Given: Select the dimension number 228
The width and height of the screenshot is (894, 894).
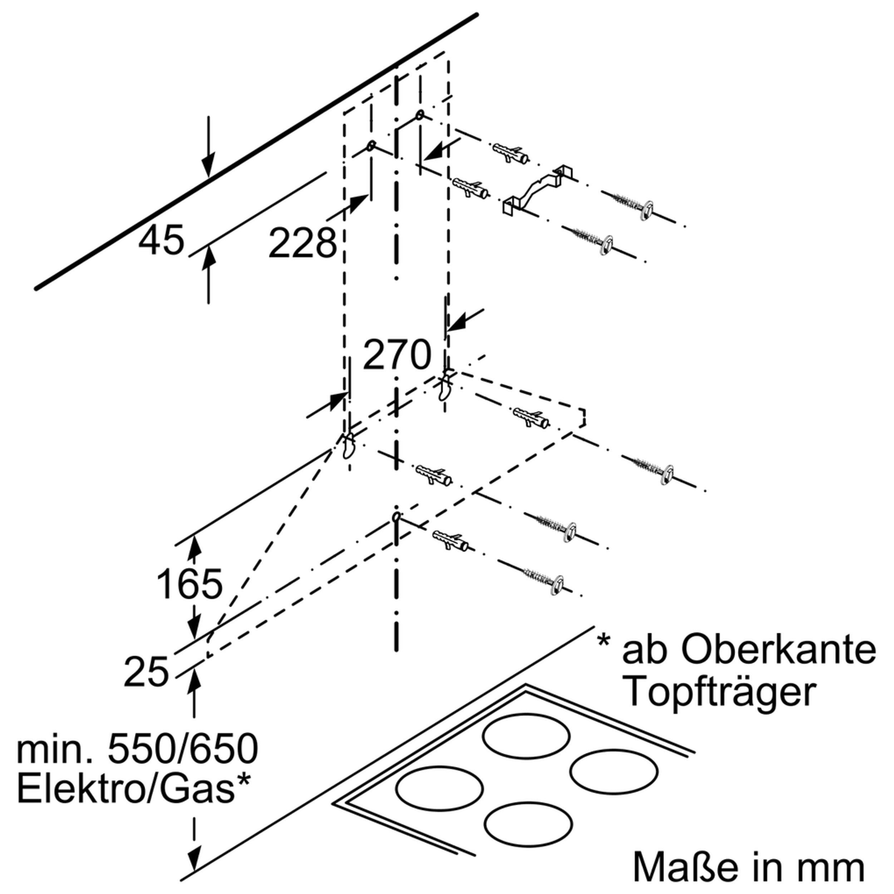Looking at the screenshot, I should tap(303, 242).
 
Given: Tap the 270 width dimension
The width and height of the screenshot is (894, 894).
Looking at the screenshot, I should tap(397, 355).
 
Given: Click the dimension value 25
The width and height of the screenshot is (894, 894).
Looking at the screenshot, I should tap(146, 672).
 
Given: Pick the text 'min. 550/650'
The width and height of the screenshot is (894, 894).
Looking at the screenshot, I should tap(137, 749).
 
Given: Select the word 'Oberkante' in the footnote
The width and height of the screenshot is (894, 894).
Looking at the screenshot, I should tap(749, 650).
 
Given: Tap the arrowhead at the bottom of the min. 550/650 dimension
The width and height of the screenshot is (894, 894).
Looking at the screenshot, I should tap(194, 871).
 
